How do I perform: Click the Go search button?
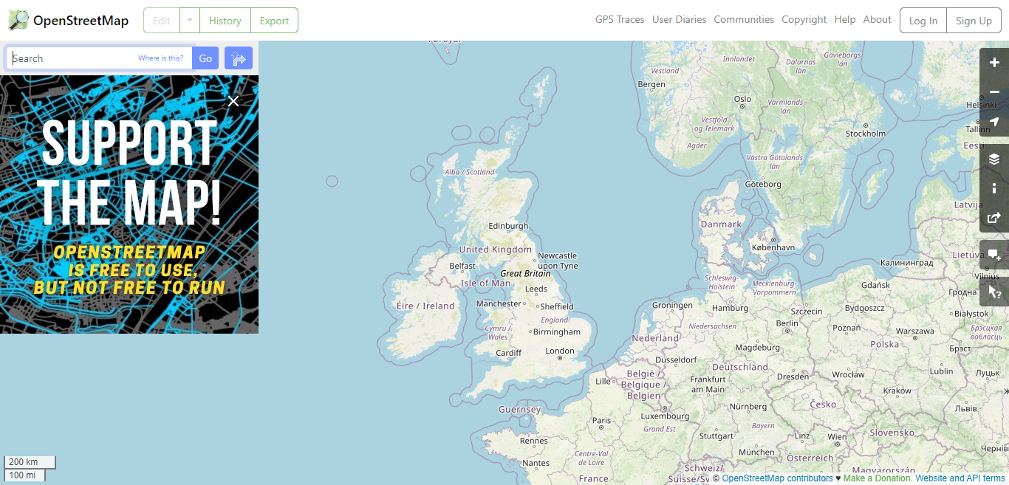click(205, 58)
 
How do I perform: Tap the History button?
click(225, 21)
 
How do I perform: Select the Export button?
click(274, 21)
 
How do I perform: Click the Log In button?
click(923, 21)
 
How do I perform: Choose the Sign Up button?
click(974, 21)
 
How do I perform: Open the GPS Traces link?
click(620, 20)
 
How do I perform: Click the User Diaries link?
click(679, 20)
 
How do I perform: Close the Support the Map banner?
click(233, 101)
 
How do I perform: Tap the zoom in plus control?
click(994, 63)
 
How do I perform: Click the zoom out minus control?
click(994, 92)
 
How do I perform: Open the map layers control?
click(994, 159)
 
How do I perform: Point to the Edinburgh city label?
click(508, 226)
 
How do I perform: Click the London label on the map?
click(560, 351)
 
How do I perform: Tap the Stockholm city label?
click(865, 134)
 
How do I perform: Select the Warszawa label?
click(915, 331)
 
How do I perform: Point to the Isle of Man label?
click(485, 283)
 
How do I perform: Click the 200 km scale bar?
click(30, 462)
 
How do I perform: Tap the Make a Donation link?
click(878, 478)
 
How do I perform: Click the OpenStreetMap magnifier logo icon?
click(18, 20)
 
